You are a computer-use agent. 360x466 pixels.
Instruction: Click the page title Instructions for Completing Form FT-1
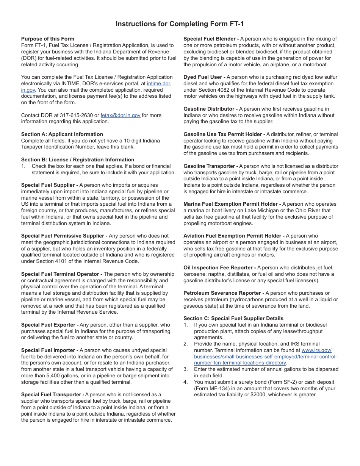pyautogui.click(x=180, y=24)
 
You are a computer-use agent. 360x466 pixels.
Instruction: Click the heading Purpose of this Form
pyautogui.click(x=48, y=39)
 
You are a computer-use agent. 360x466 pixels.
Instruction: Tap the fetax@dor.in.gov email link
pyautogui.click(x=121, y=115)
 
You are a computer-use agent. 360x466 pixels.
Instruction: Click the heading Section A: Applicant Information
pyautogui.click(x=62, y=134)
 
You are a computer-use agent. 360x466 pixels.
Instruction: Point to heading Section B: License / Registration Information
pyautogui.click(x=78, y=160)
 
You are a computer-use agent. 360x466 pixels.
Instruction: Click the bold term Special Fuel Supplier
pyautogui.click(x=48, y=185)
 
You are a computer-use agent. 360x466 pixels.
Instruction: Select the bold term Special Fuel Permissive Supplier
pyautogui.click(x=63, y=236)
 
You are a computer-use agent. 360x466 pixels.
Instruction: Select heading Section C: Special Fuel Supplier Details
pyautogui.click(x=233, y=318)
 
